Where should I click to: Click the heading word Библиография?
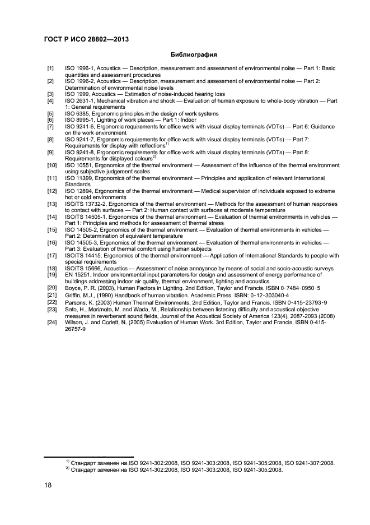click(x=193, y=55)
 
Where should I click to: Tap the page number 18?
click(x=48, y=486)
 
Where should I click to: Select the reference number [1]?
click(x=50, y=68)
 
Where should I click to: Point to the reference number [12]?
click(x=51, y=192)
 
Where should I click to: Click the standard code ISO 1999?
click(x=77, y=94)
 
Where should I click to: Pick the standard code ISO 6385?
click(x=77, y=113)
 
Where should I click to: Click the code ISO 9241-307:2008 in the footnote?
click(x=309, y=463)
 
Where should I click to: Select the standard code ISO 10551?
click(x=79, y=165)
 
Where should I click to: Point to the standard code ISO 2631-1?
click(x=80, y=100)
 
